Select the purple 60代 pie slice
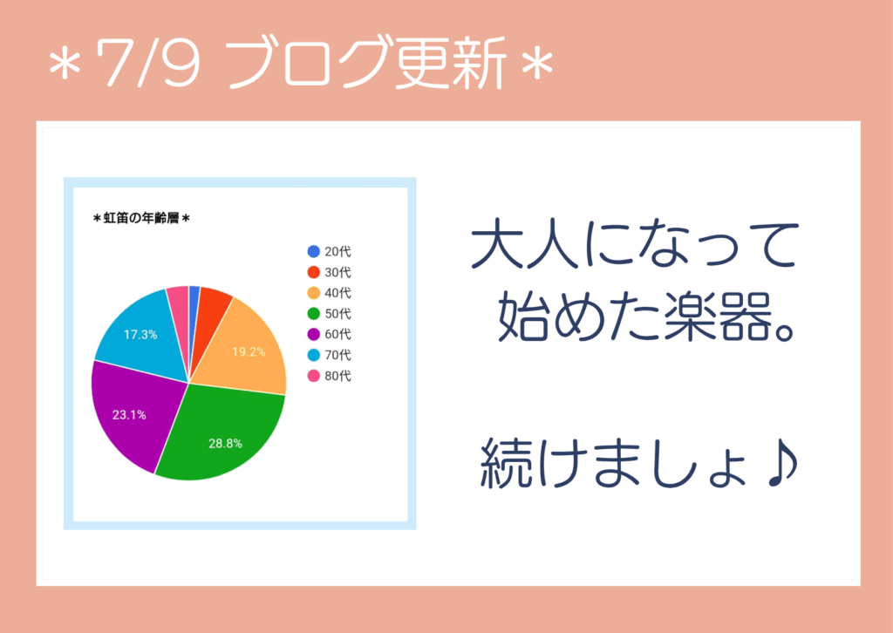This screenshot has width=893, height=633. coord(133,412)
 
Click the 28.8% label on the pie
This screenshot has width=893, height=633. coord(226,444)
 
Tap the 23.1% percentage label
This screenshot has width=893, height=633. coord(129,415)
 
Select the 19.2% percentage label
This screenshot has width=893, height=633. coord(249,351)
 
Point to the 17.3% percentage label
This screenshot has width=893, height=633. coord(140,335)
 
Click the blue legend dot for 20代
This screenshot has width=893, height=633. coord(314,251)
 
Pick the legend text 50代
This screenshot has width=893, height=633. coord(337,314)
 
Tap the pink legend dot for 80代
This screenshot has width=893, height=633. coord(314,376)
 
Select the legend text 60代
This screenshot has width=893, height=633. coord(337,334)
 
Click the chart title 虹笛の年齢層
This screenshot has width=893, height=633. coord(141,218)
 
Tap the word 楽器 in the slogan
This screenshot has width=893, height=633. coord(719,317)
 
